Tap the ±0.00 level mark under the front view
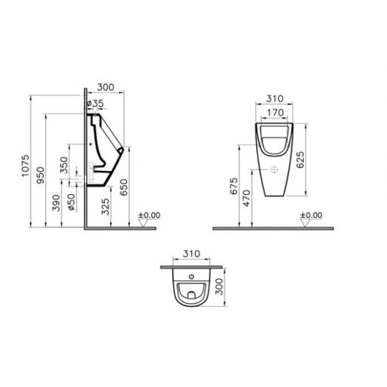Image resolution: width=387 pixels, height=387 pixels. click(310, 215)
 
